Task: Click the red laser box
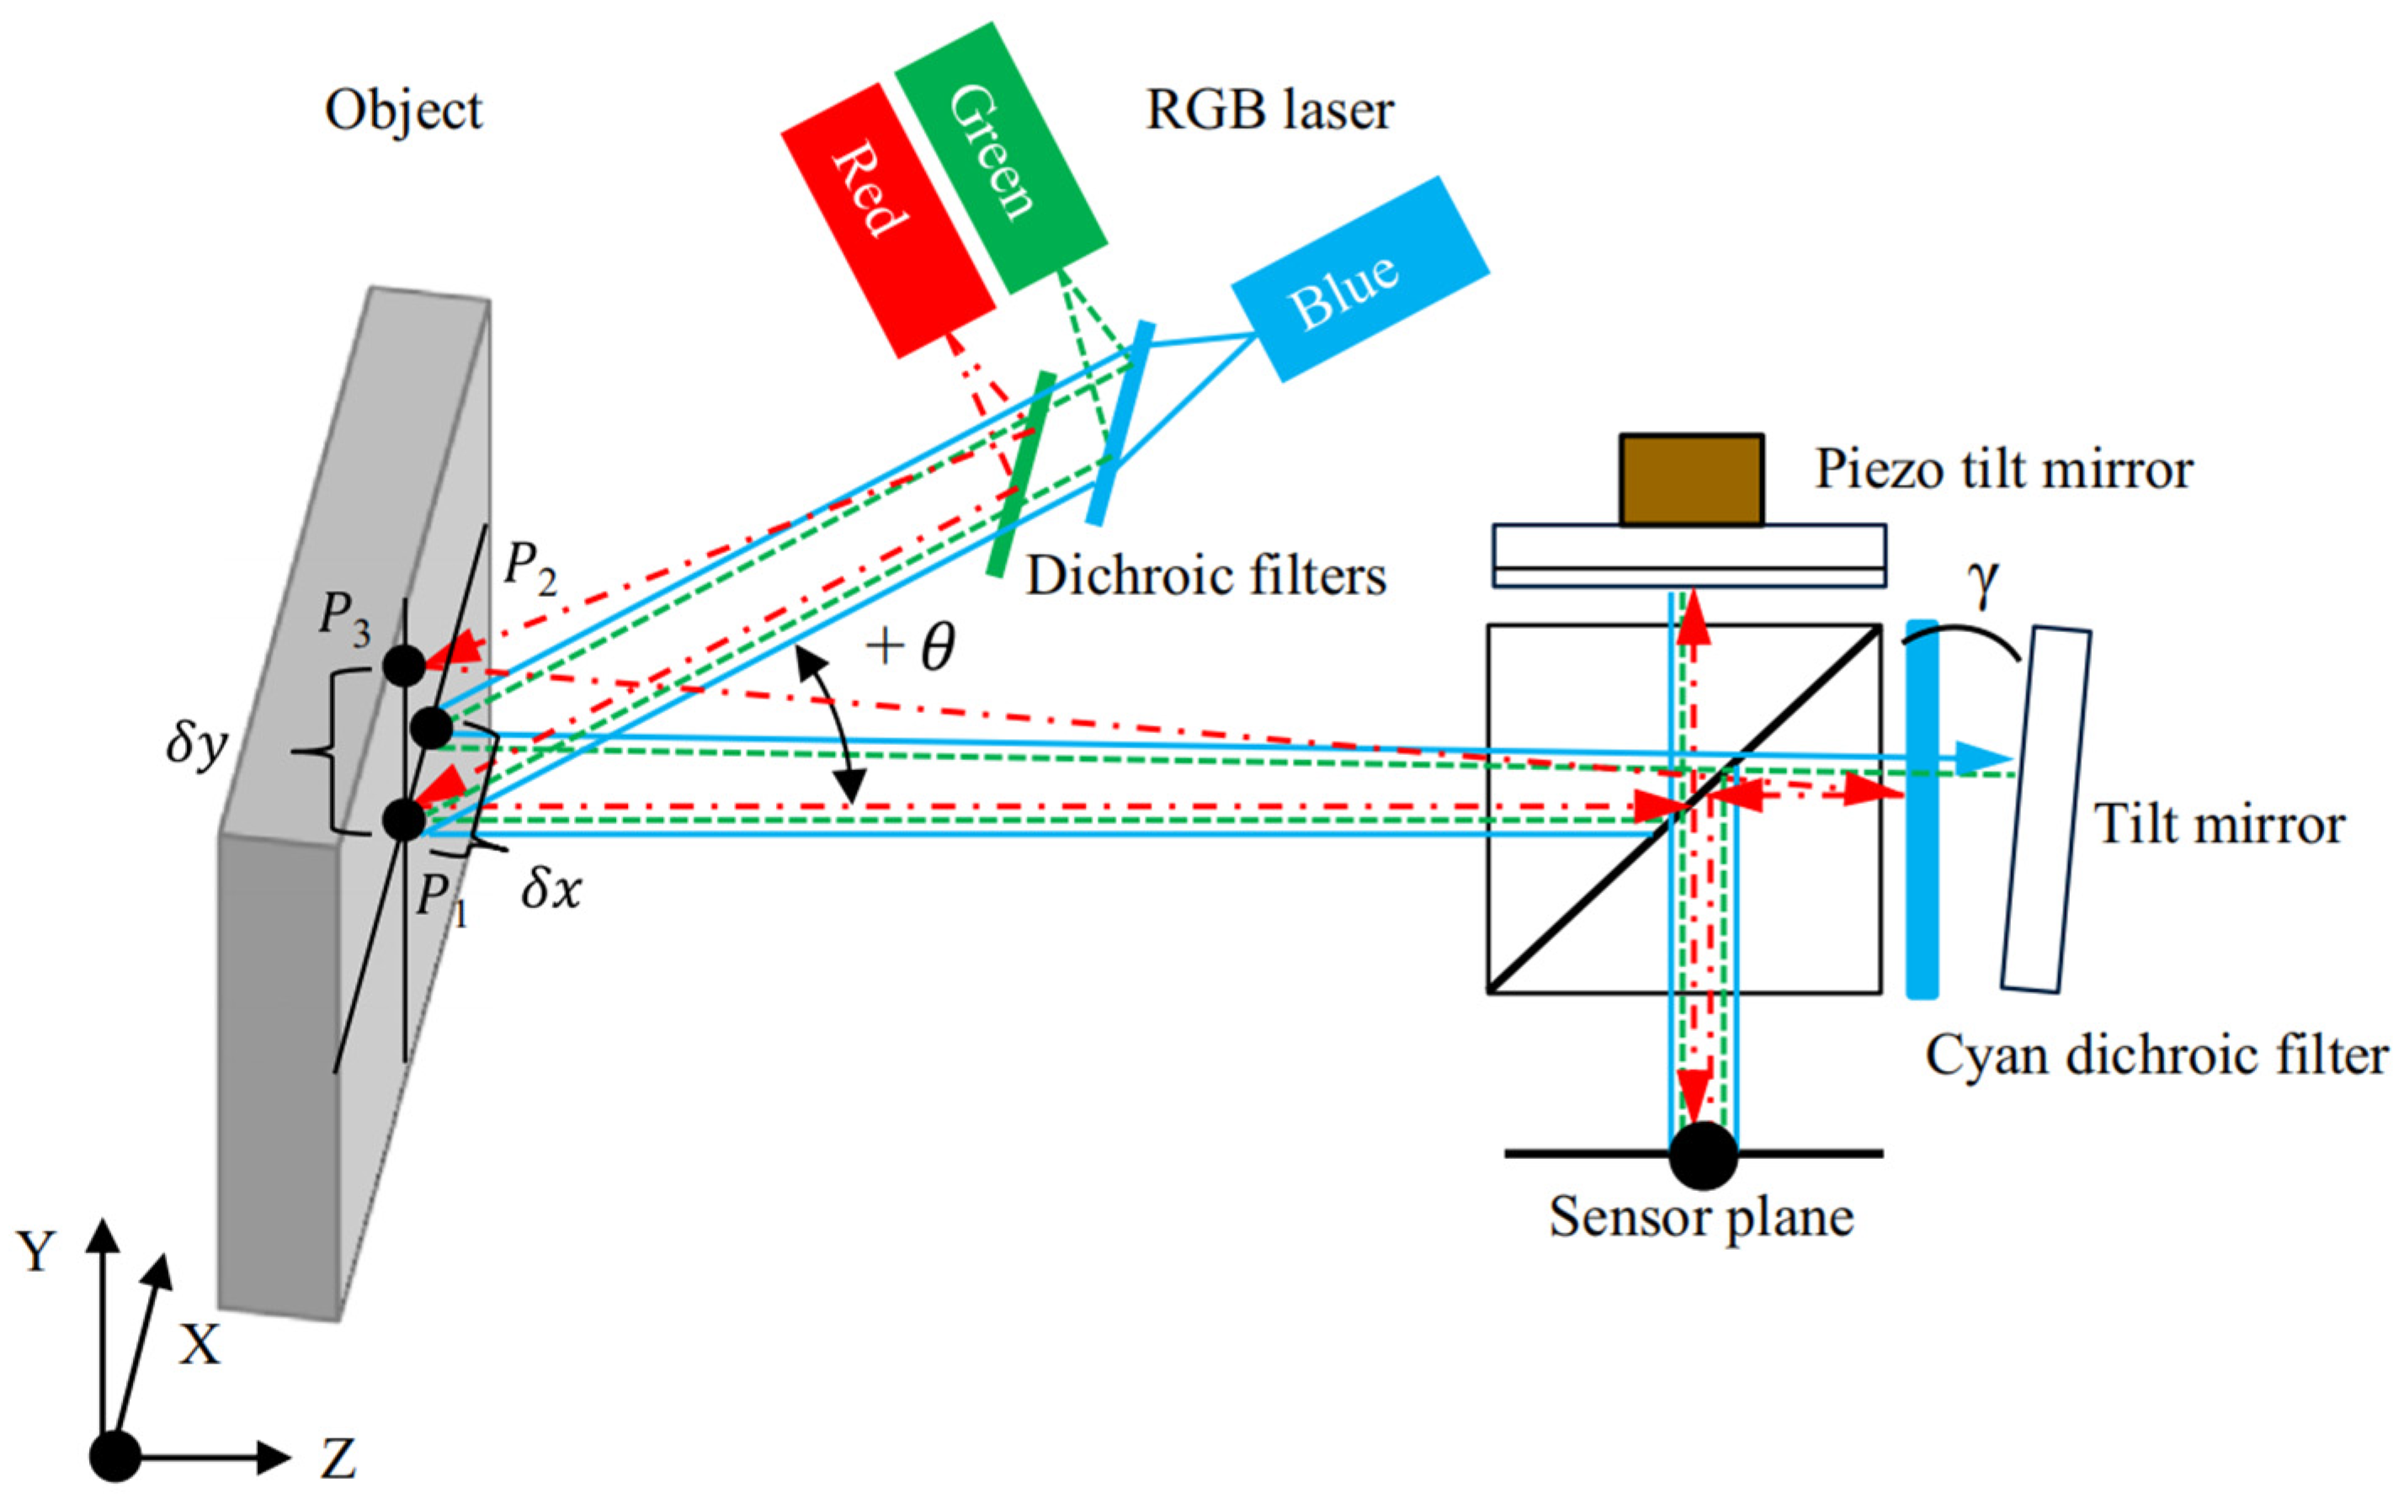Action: click(x=888, y=220)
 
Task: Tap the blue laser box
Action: click(x=1359, y=279)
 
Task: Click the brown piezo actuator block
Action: click(x=1691, y=480)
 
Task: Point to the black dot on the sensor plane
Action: click(x=1703, y=1155)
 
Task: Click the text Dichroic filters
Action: click(x=1205, y=576)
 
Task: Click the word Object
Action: click(x=403, y=110)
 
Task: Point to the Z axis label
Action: click(x=338, y=1460)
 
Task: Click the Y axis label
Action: click(x=38, y=1252)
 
